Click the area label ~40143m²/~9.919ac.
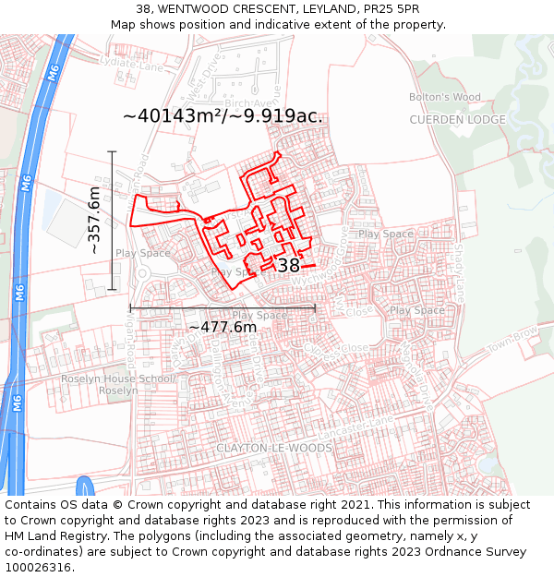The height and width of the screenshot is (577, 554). pos(223,116)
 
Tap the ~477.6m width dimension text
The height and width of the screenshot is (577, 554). pos(223,327)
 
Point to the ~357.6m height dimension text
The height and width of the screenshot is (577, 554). pos(94,221)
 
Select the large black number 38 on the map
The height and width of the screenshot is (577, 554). pos(289,266)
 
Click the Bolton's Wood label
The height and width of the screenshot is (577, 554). pos(446,97)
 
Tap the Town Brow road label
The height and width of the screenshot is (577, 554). pos(512,337)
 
